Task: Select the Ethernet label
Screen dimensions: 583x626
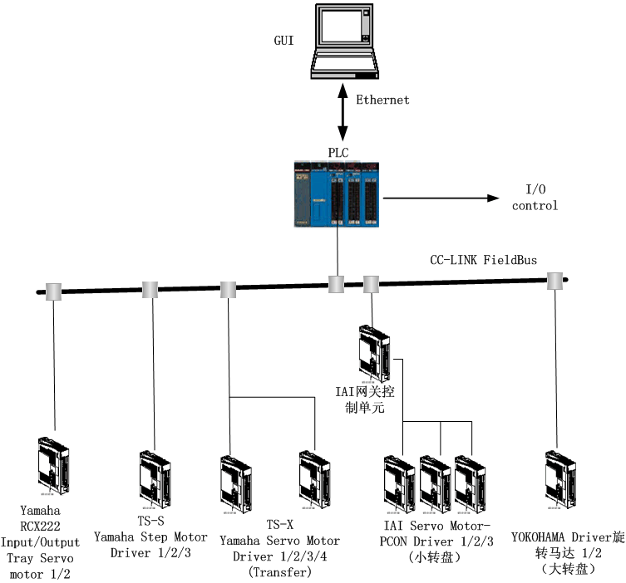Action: tap(382, 100)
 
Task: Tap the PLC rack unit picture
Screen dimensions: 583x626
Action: tap(337, 194)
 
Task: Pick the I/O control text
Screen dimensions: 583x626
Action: tap(535, 198)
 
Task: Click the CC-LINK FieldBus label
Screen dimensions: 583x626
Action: tap(483, 260)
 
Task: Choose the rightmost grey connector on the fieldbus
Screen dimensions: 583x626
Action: tap(555, 282)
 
